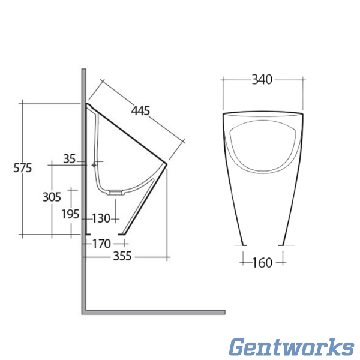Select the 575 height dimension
pos(22,168)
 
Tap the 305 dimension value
pos(52,196)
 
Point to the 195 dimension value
pos(70,213)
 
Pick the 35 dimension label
pos(70,159)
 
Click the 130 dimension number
pos(101,218)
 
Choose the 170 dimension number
pos(101,244)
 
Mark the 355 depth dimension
pos(122,256)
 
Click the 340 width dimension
pos(262,79)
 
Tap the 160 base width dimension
pos(262,262)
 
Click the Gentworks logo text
pos(292,347)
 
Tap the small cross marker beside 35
pos(94,163)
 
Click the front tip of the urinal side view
pos(165,163)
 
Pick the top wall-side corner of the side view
pos(88,104)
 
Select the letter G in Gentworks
pos(239,347)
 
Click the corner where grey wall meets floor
pos(84,311)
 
